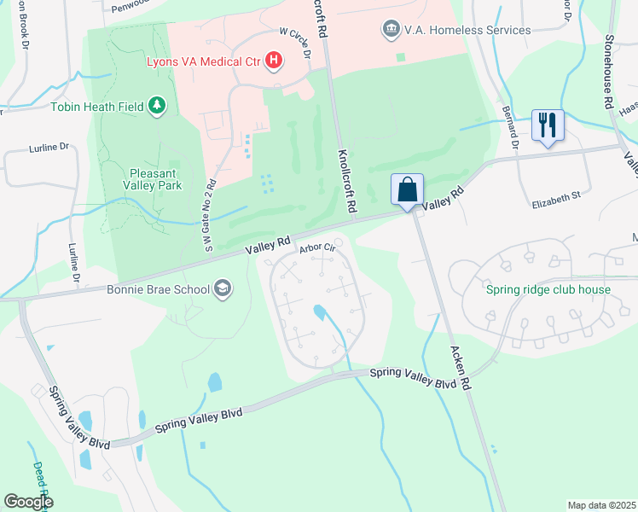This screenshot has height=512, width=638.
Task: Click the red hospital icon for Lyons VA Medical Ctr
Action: (274, 60)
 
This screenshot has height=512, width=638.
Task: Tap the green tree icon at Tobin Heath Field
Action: (156, 105)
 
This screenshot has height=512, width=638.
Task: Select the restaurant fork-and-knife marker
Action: (546, 125)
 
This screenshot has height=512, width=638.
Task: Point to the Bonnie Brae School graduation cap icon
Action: (223, 288)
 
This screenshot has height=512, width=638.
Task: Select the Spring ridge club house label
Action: (548, 289)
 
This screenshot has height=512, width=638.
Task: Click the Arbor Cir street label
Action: (315, 248)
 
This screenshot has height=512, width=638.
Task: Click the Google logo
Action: (28, 501)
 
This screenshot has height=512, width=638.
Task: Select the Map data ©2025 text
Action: (600, 505)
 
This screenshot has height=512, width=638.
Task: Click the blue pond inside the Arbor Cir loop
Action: (320, 312)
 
